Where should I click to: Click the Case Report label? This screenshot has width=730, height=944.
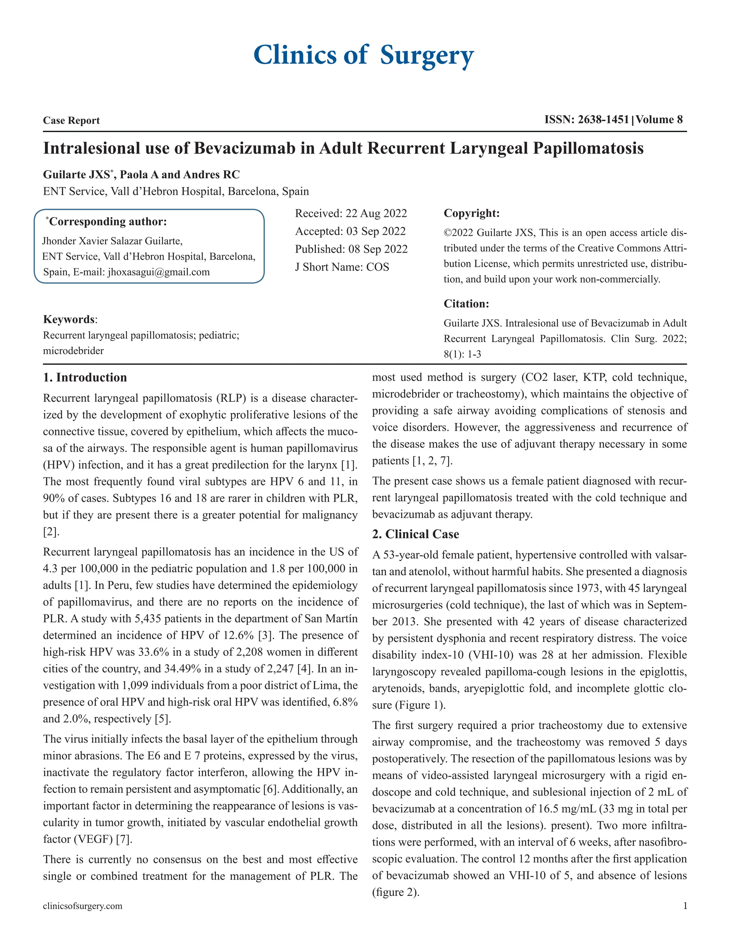71,121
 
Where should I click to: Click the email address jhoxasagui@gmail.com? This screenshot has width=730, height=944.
158,272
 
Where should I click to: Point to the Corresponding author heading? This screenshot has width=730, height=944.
108,222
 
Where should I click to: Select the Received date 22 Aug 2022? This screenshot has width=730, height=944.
376,213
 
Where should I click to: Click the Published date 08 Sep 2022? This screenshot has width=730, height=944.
377,249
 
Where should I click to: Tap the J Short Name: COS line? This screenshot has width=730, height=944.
341,267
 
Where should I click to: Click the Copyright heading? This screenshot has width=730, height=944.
471,213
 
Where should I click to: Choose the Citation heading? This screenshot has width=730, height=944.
466,304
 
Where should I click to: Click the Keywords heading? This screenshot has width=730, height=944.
69,320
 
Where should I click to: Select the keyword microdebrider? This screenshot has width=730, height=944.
73,351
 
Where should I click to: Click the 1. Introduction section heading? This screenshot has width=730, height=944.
85,377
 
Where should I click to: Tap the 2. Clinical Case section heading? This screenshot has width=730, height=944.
415,534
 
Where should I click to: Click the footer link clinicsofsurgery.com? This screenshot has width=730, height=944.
82,906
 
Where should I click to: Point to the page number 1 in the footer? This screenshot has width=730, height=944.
685,906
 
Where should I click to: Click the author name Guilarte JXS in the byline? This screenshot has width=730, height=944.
77,175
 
